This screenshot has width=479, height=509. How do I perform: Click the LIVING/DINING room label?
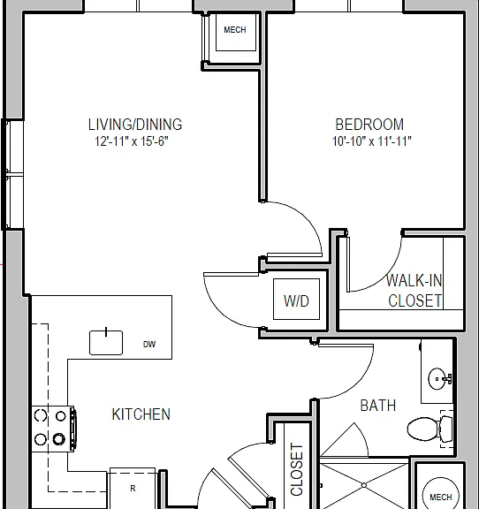(x=135, y=125)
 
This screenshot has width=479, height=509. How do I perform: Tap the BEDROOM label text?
(x=369, y=125)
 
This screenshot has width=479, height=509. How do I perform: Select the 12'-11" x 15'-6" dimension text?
(x=132, y=141)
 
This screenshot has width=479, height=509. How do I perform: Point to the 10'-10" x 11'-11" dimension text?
(x=372, y=141)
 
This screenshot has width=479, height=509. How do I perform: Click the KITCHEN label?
(x=141, y=414)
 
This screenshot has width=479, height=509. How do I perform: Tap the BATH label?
(x=378, y=406)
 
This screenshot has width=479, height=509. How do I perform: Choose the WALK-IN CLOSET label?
(x=414, y=291)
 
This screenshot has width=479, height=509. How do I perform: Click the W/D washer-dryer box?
(x=296, y=299)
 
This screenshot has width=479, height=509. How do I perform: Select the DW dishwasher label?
(x=149, y=345)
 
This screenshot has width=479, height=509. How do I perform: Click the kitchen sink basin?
(x=106, y=343)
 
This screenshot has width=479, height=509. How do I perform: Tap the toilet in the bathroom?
(x=430, y=429)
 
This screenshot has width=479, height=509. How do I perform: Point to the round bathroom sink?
(x=437, y=379)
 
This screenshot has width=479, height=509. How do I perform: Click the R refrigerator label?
(x=133, y=488)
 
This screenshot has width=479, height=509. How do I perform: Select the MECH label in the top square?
(x=235, y=30)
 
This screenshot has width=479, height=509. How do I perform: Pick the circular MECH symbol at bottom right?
(x=440, y=494)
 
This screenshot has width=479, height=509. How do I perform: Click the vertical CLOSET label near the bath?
(x=296, y=470)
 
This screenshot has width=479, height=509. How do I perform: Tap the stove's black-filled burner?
(x=59, y=439)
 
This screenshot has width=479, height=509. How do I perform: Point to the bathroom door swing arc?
(x=357, y=383)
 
